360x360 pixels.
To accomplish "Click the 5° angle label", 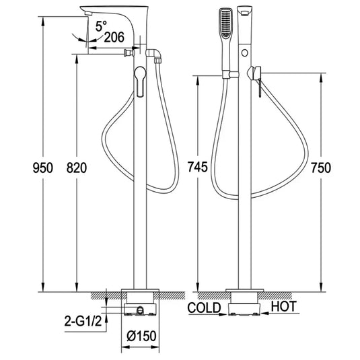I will [101, 28].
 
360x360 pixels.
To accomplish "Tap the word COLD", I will [205, 308].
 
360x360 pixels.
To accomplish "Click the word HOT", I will [283, 308].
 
